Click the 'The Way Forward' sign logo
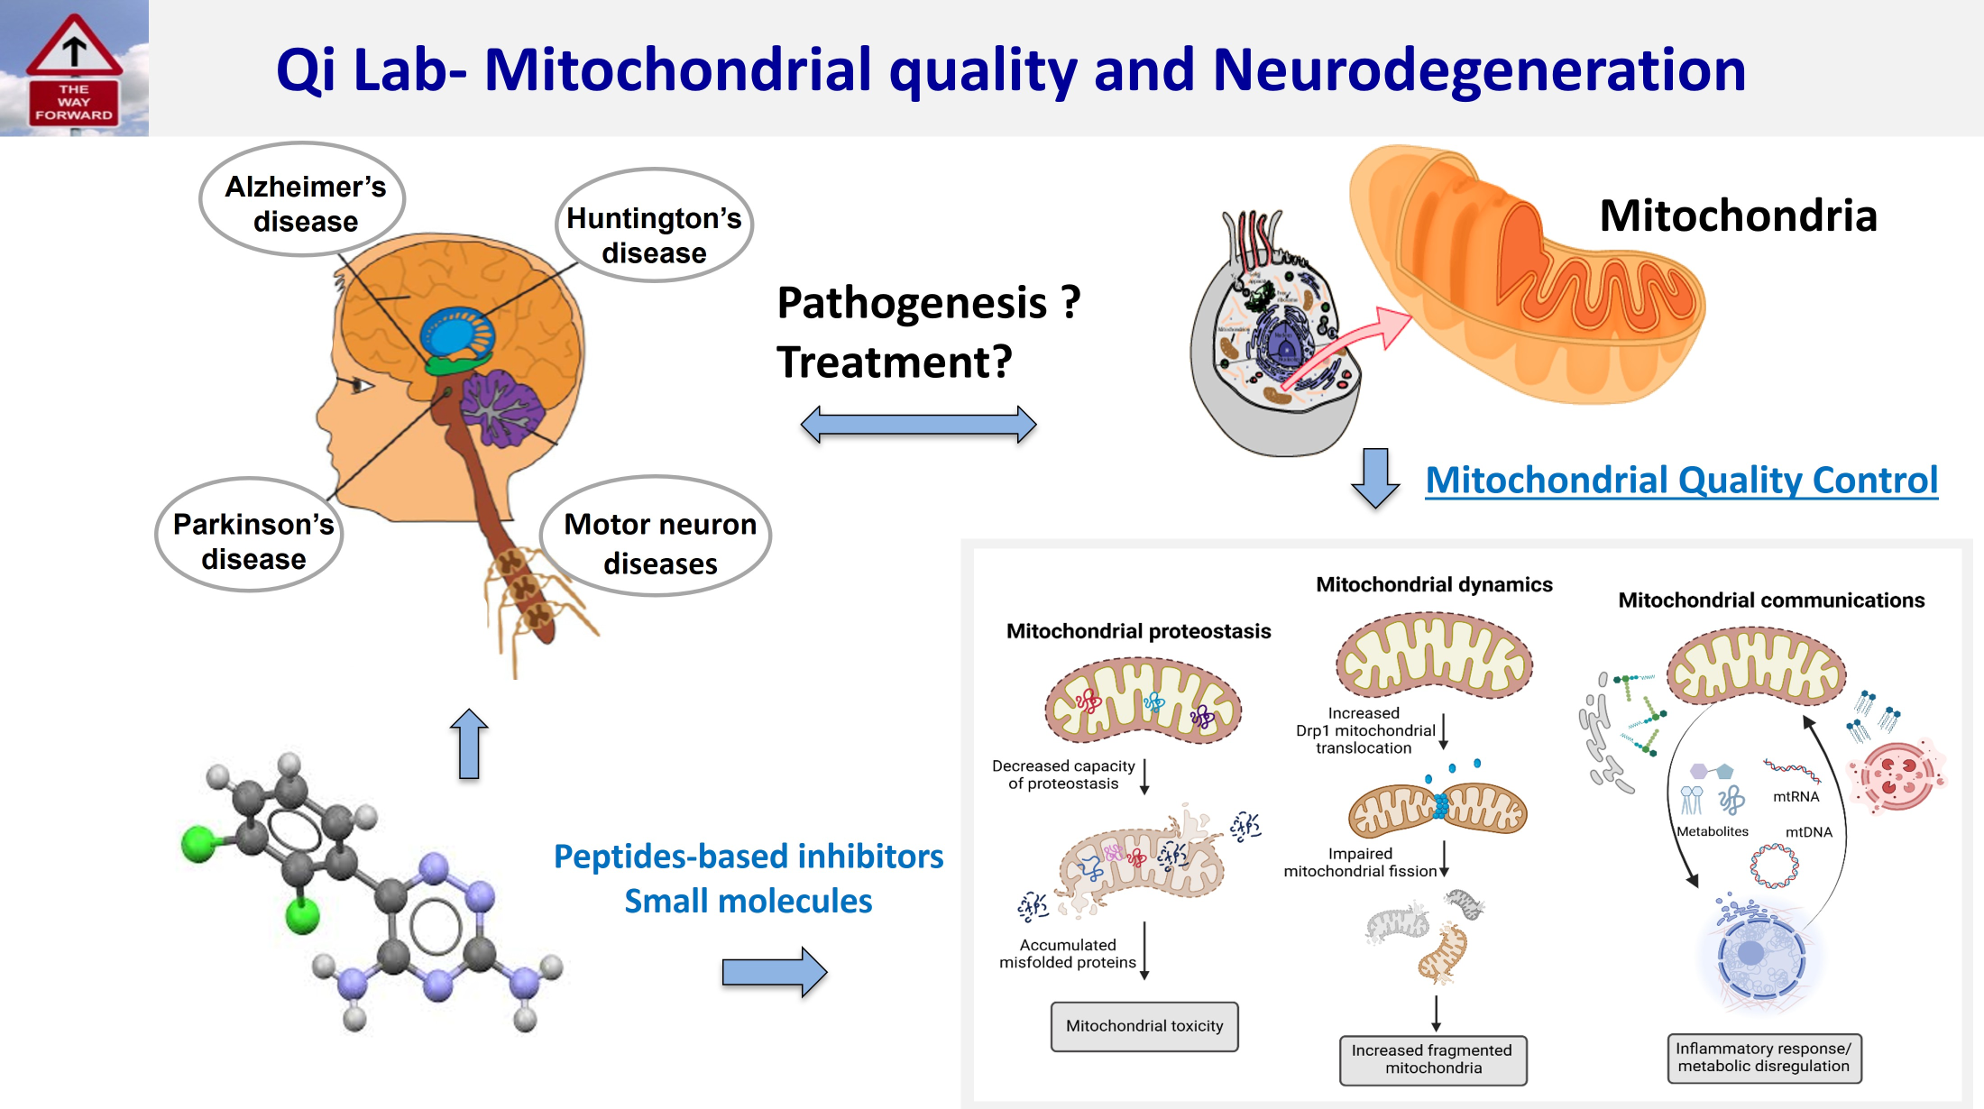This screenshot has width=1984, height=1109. pyautogui.click(x=74, y=69)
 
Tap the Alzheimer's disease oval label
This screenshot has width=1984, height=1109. pyautogui.click(x=304, y=201)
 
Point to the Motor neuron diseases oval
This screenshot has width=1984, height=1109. pyautogui.click(x=658, y=541)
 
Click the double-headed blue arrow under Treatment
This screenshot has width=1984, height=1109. pyautogui.click(x=918, y=424)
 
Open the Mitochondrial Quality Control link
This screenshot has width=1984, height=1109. pyautogui.click(x=1681, y=480)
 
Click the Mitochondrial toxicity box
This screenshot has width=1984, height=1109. pyautogui.click(x=1144, y=1026)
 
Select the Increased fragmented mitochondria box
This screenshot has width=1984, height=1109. pyautogui.click(x=1432, y=1059)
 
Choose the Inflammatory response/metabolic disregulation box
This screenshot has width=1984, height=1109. pyautogui.click(x=1763, y=1058)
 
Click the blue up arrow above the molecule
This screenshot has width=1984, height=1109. pyautogui.click(x=469, y=744)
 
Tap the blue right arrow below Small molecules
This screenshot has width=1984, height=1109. pyautogui.click(x=774, y=972)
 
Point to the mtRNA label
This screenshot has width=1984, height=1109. pyautogui.click(x=1796, y=796)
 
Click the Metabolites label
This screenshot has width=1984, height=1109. pyautogui.click(x=1712, y=831)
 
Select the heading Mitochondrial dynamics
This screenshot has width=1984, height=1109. pyautogui.click(x=1434, y=584)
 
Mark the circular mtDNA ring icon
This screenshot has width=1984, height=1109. pyautogui.click(x=1774, y=866)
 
